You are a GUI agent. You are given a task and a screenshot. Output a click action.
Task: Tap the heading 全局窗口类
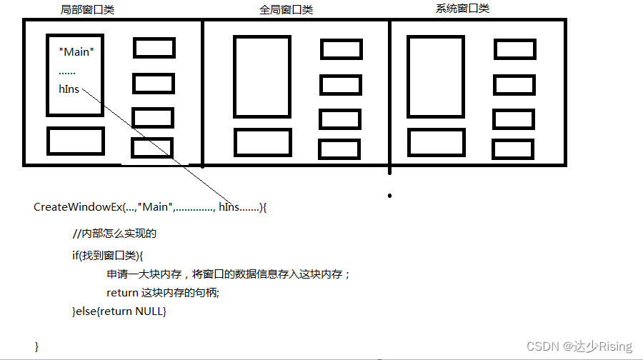click(x=286, y=10)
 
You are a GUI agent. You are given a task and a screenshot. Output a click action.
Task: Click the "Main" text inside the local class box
click(x=76, y=52)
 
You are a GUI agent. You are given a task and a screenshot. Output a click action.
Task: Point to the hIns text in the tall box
click(x=69, y=89)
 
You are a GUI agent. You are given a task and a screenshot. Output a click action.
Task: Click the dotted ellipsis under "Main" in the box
click(x=67, y=71)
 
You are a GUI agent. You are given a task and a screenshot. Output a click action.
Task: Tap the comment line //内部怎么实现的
click(x=114, y=234)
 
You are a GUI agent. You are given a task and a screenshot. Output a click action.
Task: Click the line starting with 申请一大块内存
click(x=229, y=274)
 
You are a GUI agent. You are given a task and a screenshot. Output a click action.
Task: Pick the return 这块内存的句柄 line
click(x=162, y=293)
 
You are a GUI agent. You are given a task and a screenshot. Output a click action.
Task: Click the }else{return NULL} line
click(x=119, y=311)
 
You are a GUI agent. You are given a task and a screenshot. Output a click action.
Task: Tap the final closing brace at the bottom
click(x=36, y=346)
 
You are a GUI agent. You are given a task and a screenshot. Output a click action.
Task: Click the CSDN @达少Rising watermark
click(x=579, y=346)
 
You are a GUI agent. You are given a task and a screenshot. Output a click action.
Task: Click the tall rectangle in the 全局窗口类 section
click(x=262, y=76)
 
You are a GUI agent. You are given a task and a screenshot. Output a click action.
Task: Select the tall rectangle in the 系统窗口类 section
click(x=435, y=76)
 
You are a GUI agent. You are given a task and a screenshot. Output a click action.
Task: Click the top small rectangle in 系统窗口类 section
click(x=514, y=49)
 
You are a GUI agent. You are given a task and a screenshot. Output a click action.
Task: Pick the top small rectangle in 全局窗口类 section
click(x=341, y=49)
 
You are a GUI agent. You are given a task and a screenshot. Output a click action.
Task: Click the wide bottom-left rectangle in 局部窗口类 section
click(x=75, y=141)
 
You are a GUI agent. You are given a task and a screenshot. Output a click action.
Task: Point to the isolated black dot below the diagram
click(x=389, y=195)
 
